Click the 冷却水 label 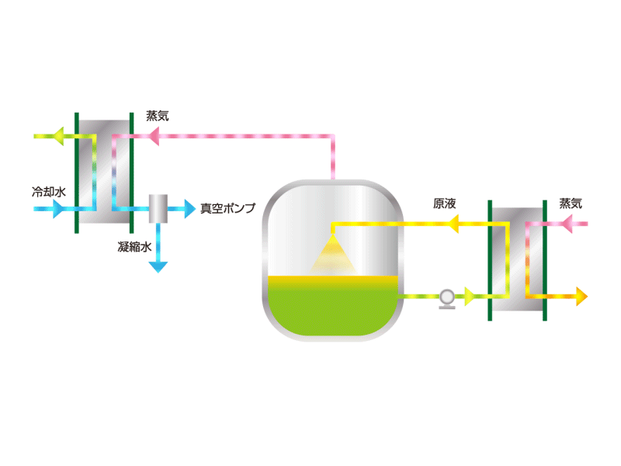49,192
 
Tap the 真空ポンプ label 227,208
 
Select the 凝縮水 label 134,247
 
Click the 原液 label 444,203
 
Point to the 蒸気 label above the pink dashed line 158,116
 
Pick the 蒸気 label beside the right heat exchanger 571,203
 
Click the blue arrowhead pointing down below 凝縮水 158,267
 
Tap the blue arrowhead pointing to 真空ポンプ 190,209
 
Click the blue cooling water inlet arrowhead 57,209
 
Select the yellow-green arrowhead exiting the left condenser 58,137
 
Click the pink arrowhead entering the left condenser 153,137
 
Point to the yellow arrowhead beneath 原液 453,224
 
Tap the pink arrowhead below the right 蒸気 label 567,224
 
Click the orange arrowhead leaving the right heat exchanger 581,297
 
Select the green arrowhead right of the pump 470,297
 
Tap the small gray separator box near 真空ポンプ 158,209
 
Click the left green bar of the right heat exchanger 490,260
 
